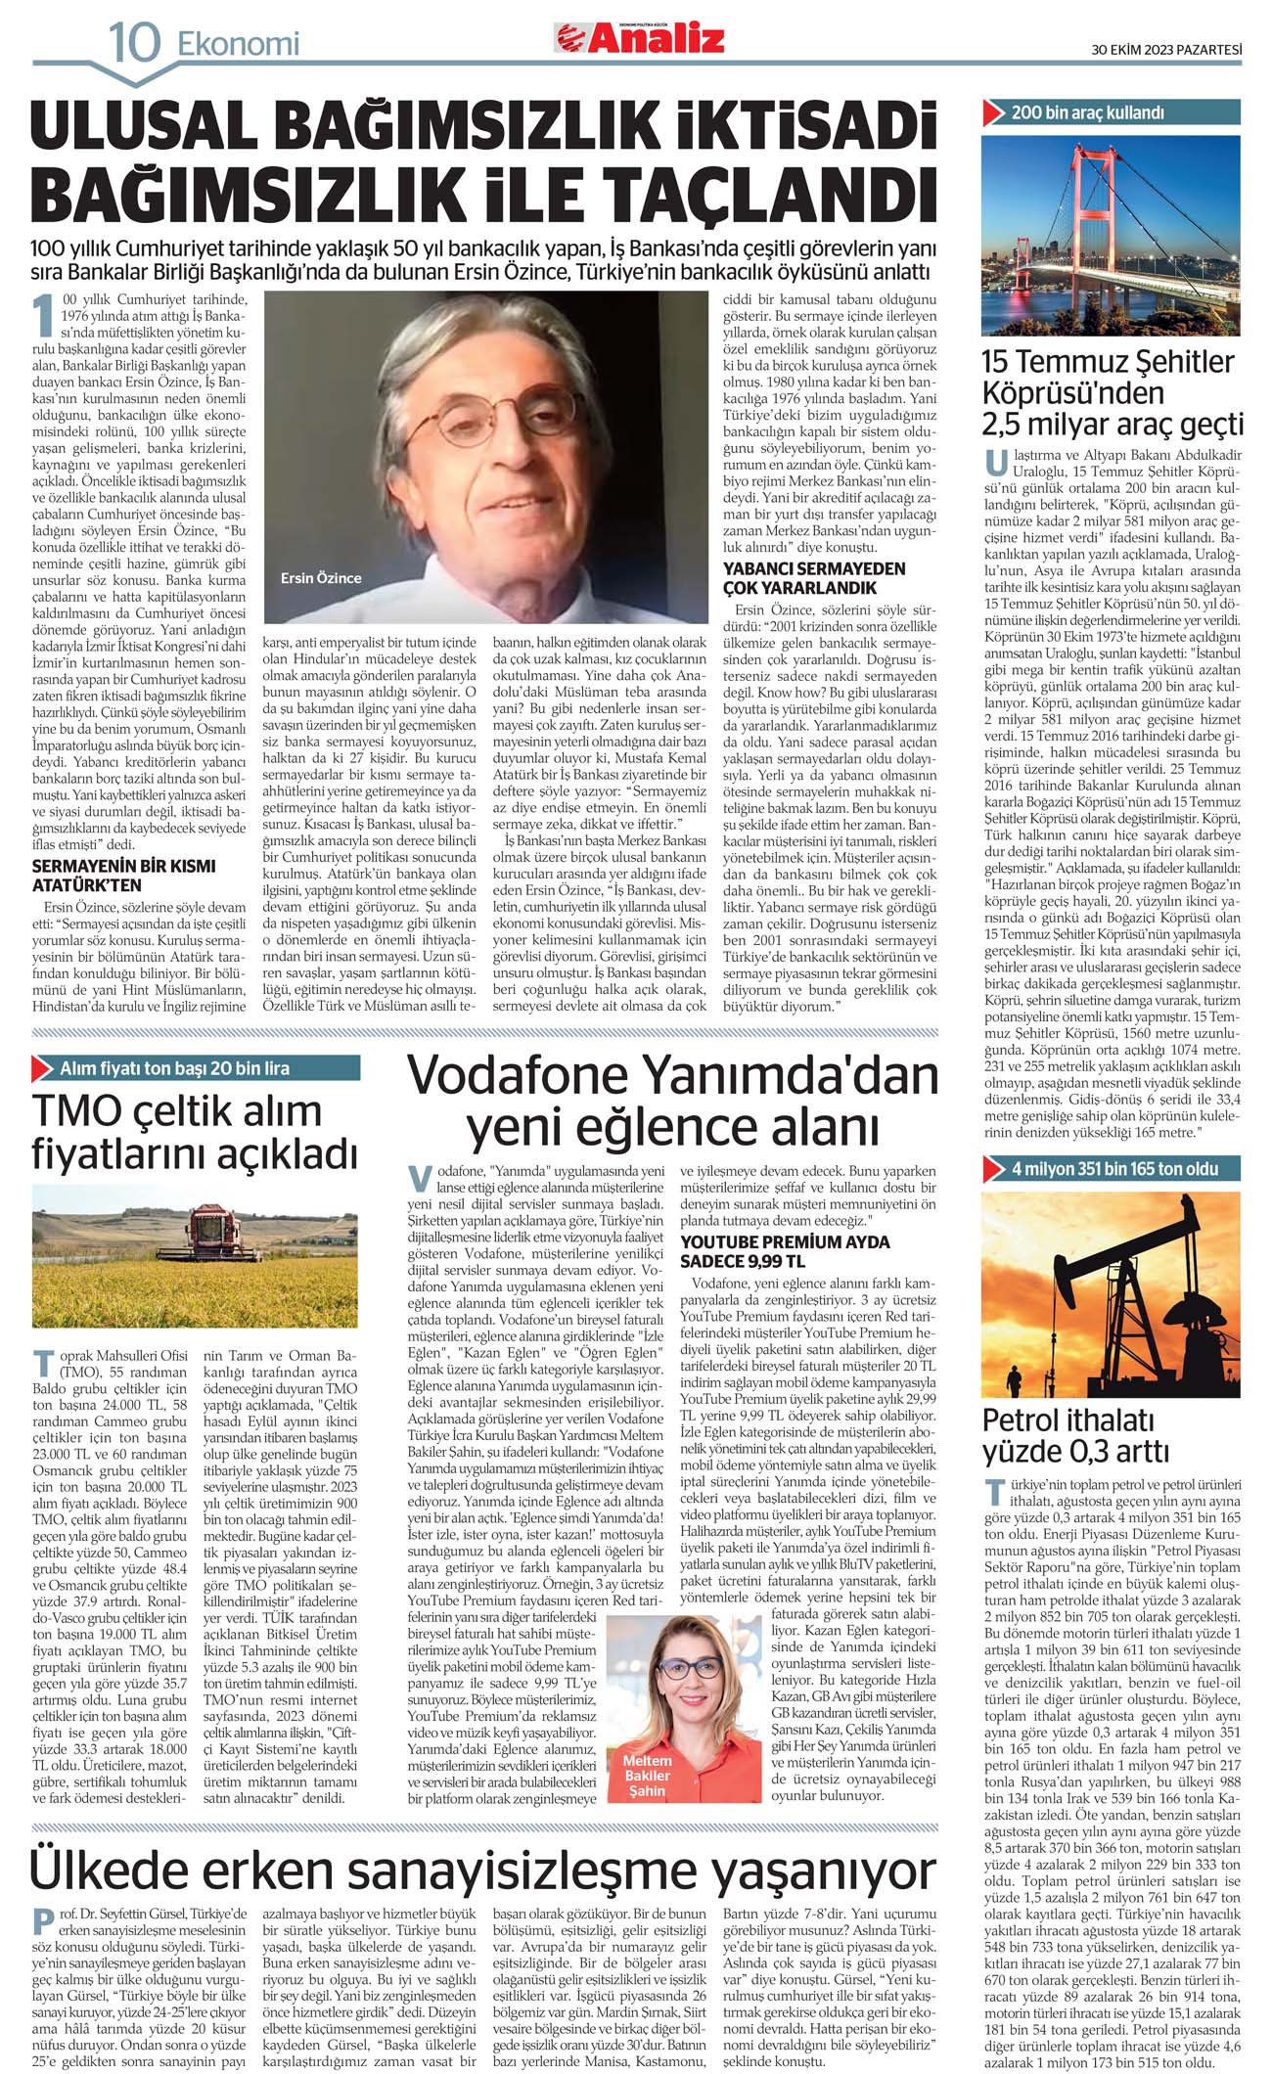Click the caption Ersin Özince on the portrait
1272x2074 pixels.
click(321, 578)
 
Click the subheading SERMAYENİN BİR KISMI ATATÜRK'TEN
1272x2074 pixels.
click(123, 876)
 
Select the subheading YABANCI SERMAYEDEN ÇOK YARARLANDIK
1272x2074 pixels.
click(814, 578)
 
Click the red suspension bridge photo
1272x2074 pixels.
click(1111, 235)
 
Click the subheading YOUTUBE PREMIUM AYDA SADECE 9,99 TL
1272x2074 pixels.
click(785, 1251)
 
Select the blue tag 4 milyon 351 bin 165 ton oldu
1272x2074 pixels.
click(1112, 1168)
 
